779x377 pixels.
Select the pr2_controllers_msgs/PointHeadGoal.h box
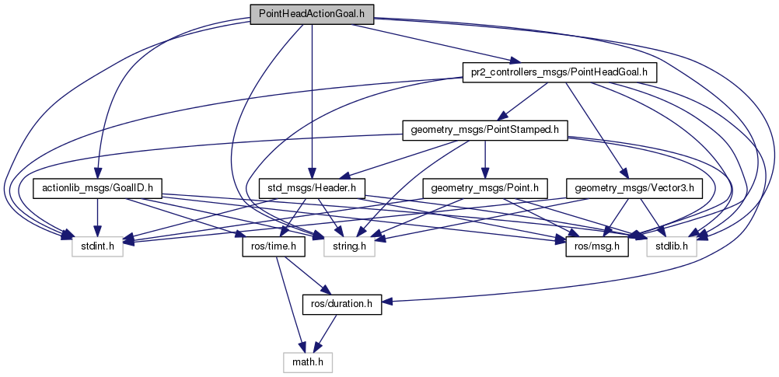pyautogui.click(x=560, y=72)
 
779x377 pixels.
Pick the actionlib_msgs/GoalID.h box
pyautogui.click(x=97, y=187)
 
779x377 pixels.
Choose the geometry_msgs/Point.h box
pyautogui.click(x=485, y=187)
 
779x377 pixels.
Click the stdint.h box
pyautogui.click(x=97, y=246)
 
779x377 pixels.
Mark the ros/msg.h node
pyautogui.click(x=592, y=246)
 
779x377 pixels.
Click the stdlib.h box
pyautogui.click(x=672, y=246)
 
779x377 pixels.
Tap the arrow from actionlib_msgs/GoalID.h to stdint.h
pyautogui.click(x=97, y=217)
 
